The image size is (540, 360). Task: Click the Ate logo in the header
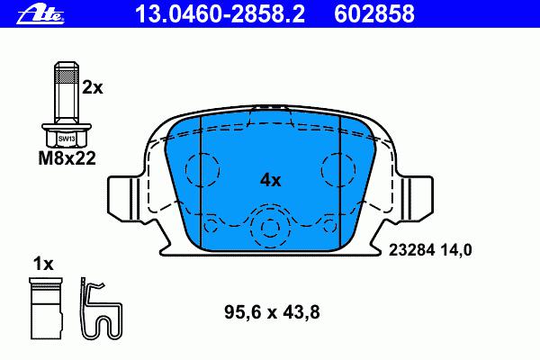pyautogui.click(x=40, y=14)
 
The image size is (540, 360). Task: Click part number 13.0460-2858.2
pyautogui.click(x=220, y=13)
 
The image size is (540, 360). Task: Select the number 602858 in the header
pyautogui.click(x=374, y=13)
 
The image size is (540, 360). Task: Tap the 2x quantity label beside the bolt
pyautogui.click(x=93, y=88)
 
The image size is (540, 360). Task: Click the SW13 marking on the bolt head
pyautogui.click(x=67, y=139)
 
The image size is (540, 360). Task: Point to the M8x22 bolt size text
pyautogui.click(x=67, y=158)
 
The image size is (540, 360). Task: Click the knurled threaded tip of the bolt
pyautogui.click(x=67, y=73)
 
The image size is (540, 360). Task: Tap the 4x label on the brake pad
pyautogui.click(x=270, y=180)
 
